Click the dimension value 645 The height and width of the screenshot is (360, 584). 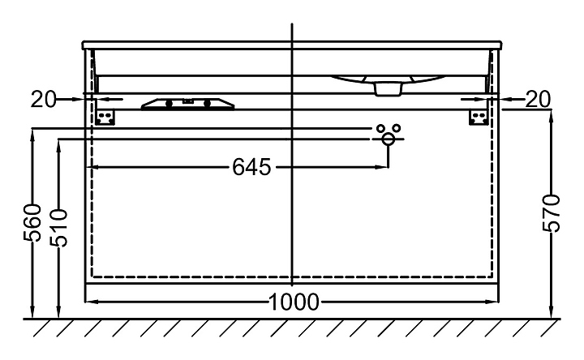tap(250, 167)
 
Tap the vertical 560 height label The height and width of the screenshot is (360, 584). tap(32, 224)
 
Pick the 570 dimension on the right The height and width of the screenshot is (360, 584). tap(552, 213)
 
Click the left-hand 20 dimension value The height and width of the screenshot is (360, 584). tap(44, 100)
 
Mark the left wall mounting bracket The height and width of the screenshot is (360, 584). tap(105, 118)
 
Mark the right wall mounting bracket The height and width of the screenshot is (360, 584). tap(479, 118)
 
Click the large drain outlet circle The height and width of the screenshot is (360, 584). tap(389, 139)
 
